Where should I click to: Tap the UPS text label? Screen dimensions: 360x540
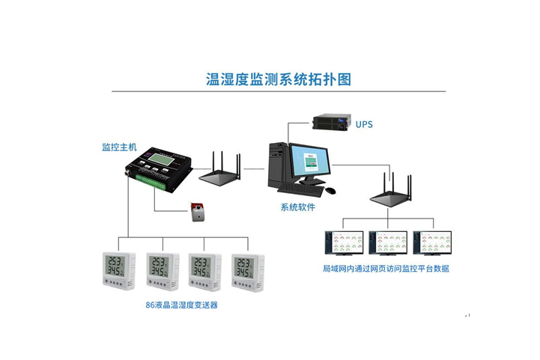click(x=364, y=123)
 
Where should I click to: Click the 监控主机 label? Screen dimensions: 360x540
click(x=119, y=146)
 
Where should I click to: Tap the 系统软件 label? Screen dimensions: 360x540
click(x=298, y=207)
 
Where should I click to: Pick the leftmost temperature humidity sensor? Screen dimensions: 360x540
click(x=118, y=270)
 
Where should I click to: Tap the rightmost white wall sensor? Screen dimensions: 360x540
click(x=248, y=270)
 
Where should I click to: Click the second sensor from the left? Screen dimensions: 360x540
click(x=162, y=270)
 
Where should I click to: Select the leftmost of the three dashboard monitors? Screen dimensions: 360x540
click(x=343, y=242)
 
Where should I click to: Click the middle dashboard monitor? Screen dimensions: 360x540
click(x=387, y=242)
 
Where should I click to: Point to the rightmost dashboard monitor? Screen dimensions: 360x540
click(x=432, y=242)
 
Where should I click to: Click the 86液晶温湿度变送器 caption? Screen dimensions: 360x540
click(x=182, y=305)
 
